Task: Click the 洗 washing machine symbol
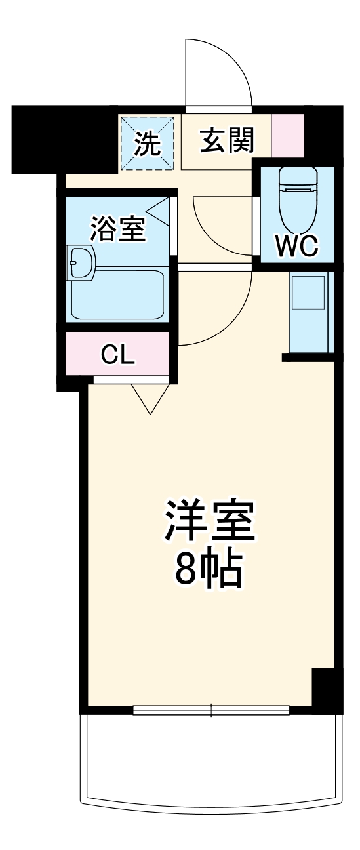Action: (x=147, y=144)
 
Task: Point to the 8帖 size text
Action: (x=209, y=571)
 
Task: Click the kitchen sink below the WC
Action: (x=308, y=293)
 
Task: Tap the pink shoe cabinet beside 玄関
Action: (x=288, y=136)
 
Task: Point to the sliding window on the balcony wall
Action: (x=211, y=710)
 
